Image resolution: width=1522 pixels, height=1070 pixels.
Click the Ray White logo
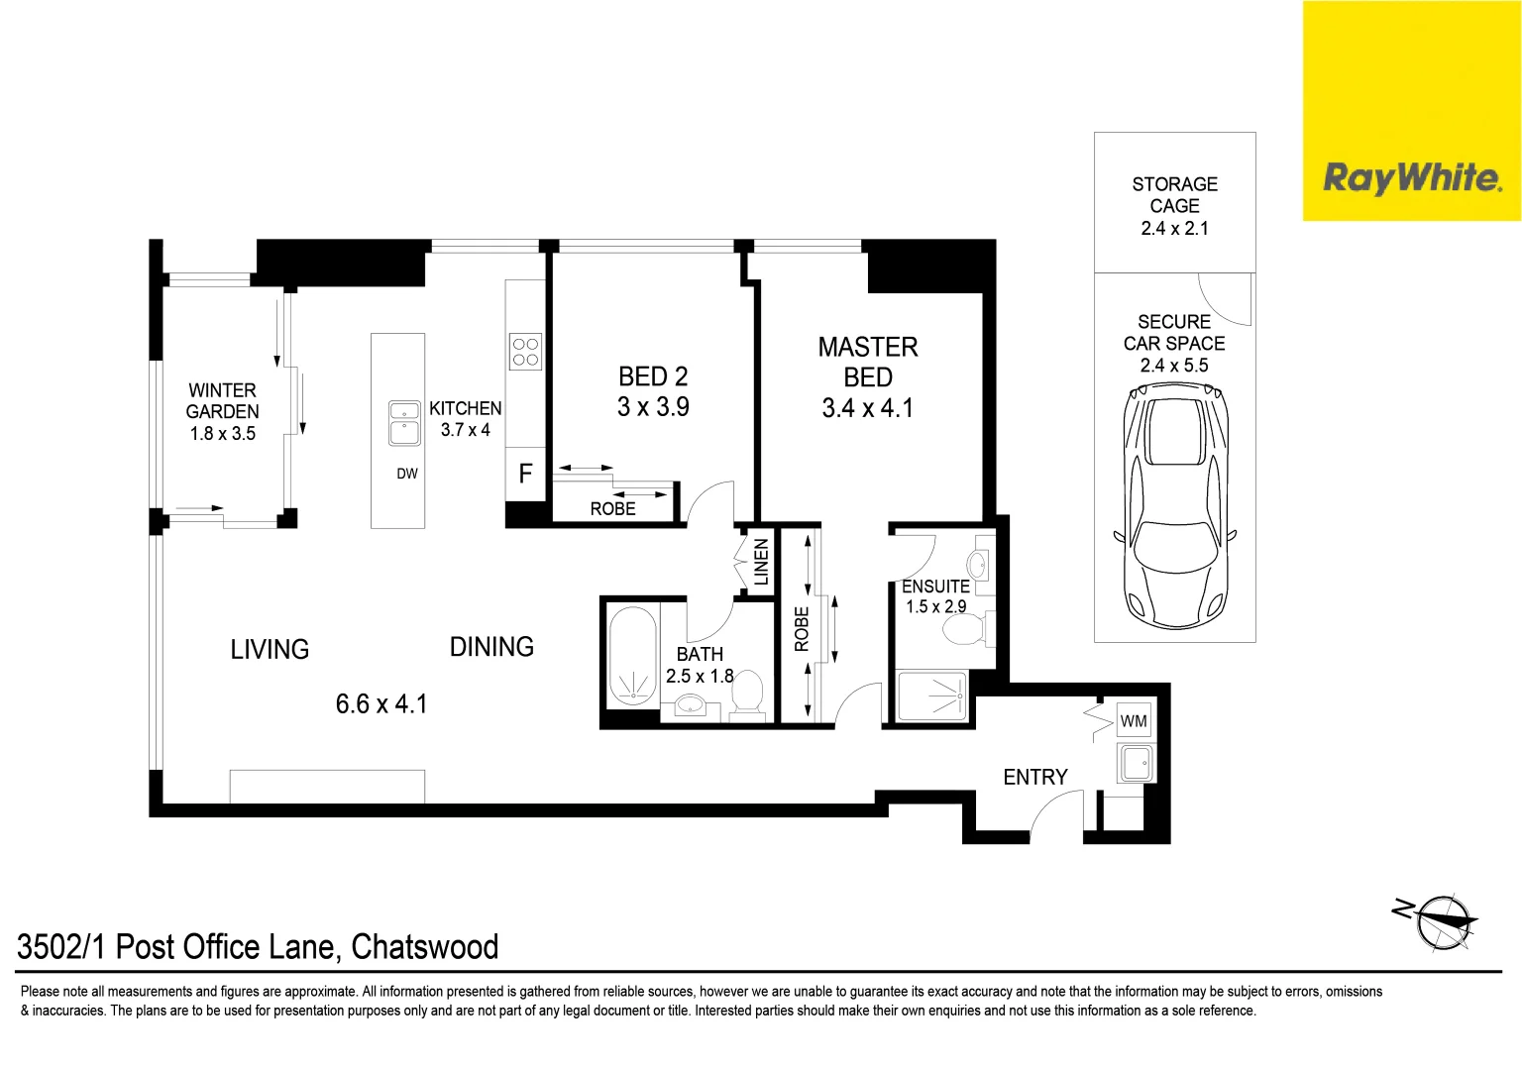1411,178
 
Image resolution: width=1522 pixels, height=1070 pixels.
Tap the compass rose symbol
1441,921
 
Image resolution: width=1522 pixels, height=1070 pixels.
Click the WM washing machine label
1134,721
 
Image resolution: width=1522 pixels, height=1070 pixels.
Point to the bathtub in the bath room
632,656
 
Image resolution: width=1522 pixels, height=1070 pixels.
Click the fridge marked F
525,474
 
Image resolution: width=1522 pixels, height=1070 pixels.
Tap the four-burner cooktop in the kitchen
525,351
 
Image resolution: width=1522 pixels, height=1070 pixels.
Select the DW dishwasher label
407,474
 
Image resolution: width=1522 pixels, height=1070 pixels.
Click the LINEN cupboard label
761,562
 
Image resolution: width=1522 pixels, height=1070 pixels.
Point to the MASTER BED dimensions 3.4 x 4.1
867,408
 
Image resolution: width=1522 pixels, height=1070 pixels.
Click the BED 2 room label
653,376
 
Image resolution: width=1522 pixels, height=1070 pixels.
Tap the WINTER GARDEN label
223,401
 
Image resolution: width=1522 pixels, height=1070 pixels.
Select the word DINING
491,647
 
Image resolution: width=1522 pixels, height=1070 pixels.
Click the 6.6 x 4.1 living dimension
381,704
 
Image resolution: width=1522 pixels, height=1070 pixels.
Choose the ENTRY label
1035,778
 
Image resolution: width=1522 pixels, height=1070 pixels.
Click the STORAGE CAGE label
1174,195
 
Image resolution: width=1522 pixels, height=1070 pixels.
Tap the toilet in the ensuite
963,629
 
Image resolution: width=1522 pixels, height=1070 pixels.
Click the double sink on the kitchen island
404,423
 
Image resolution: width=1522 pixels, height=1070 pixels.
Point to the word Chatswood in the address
425,947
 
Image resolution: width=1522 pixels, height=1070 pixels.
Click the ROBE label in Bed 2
612,508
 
